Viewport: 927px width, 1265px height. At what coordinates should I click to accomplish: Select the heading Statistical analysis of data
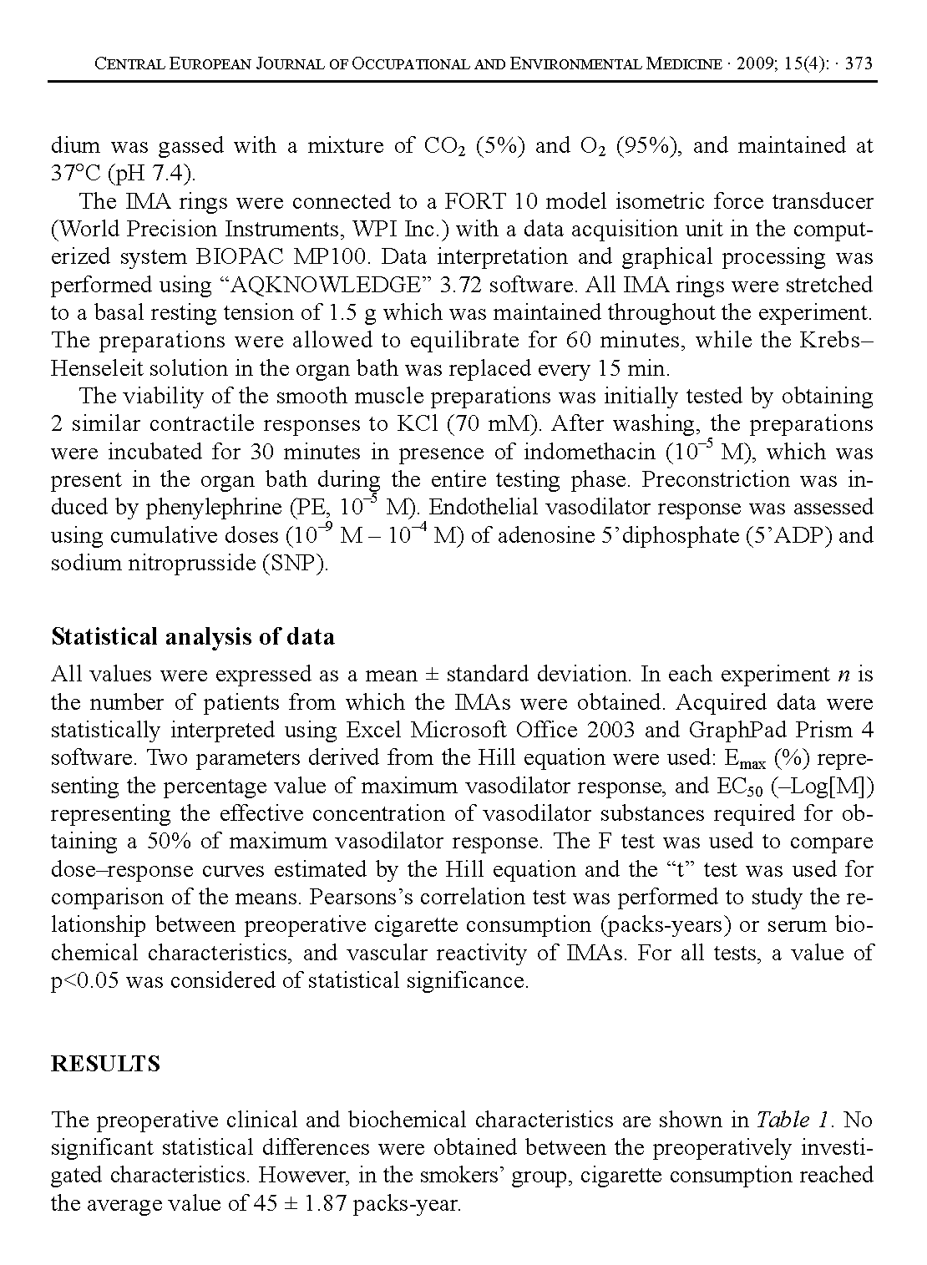[x=193, y=637]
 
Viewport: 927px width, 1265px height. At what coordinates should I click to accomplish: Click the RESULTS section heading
[x=105, y=1064]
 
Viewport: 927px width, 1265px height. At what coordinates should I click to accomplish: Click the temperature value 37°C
[x=75, y=174]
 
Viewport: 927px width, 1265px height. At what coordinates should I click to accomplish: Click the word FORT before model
[x=468, y=201]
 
